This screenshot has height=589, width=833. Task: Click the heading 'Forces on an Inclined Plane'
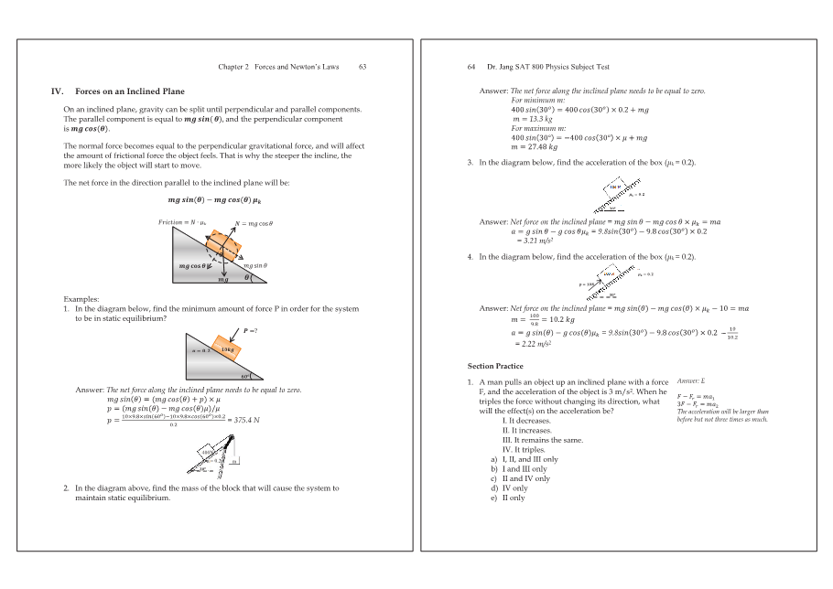129,91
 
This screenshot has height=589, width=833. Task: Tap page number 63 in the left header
362,67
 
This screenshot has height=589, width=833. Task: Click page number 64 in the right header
471,67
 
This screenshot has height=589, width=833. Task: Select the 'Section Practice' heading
495,366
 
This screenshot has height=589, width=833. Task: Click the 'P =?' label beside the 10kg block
250,330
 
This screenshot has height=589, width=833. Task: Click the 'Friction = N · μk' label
182,222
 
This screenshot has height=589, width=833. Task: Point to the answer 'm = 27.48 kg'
534,146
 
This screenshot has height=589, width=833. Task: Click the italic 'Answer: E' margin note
691,380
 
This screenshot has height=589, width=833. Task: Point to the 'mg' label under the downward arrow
222,280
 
